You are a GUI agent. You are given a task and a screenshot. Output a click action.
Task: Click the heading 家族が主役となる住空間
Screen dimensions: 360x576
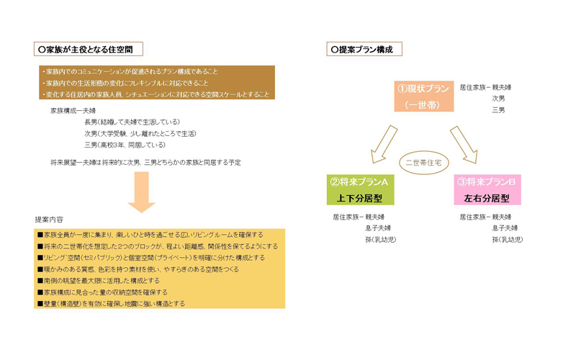[x=89, y=50]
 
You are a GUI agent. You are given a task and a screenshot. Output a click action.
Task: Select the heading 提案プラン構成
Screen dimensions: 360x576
[x=364, y=50]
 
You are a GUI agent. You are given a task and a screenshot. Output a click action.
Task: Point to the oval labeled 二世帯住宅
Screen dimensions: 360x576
[x=423, y=163]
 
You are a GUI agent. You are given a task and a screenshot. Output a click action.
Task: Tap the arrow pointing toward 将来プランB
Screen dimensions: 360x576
[x=464, y=143]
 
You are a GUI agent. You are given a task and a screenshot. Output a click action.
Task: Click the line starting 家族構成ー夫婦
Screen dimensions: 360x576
[x=73, y=110]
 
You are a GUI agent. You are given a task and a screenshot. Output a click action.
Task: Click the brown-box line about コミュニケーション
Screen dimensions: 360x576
[x=129, y=71]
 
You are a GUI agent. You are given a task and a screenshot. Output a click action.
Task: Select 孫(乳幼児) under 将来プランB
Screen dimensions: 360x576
[x=508, y=239]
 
